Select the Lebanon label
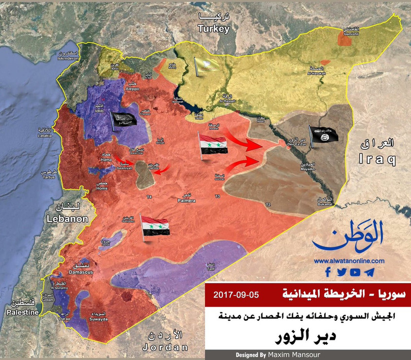pyautogui.click(x=67, y=219)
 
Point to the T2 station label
pyautogui.click(x=268, y=204)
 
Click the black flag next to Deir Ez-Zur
pyautogui.click(x=322, y=137)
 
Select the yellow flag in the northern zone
pyautogui.click(x=207, y=66)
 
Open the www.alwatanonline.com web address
pyautogui.click(x=349, y=261)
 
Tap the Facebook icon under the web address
pyautogui.click(x=328, y=272)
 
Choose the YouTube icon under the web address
pyautogui.click(x=355, y=272)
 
